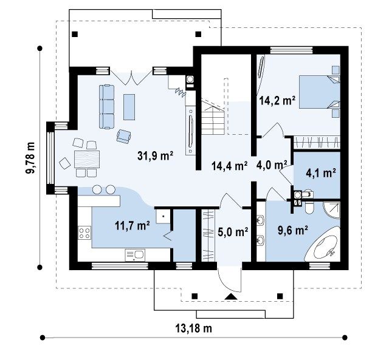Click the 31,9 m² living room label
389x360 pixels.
[x=155, y=156]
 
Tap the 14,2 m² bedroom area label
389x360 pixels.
[x=277, y=101]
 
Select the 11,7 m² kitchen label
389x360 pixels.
[x=133, y=225]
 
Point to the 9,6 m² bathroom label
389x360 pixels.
[x=293, y=230]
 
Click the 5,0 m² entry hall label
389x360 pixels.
[x=233, y=232]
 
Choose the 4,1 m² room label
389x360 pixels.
[x=321, y=172]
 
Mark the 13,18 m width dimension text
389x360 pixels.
[x=194, y=328]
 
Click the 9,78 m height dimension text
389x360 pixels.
[x=30, y=158]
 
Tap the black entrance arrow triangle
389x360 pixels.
[x=231, y=297]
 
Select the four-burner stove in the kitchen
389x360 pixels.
[x=84, y=233]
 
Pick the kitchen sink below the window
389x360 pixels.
[x=135, y=255]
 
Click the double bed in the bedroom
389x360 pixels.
[x=320, y=92]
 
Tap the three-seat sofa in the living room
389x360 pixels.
[x=107, y=107]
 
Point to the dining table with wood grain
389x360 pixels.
[x=87, y=159]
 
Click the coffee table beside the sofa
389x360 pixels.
[x=129, y=107]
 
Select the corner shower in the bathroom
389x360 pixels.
[x=332, y=210]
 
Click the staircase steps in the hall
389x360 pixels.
[x=213, y=119]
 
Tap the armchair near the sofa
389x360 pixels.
[x=124, y=136]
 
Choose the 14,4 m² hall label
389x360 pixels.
[x=230, y=166]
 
